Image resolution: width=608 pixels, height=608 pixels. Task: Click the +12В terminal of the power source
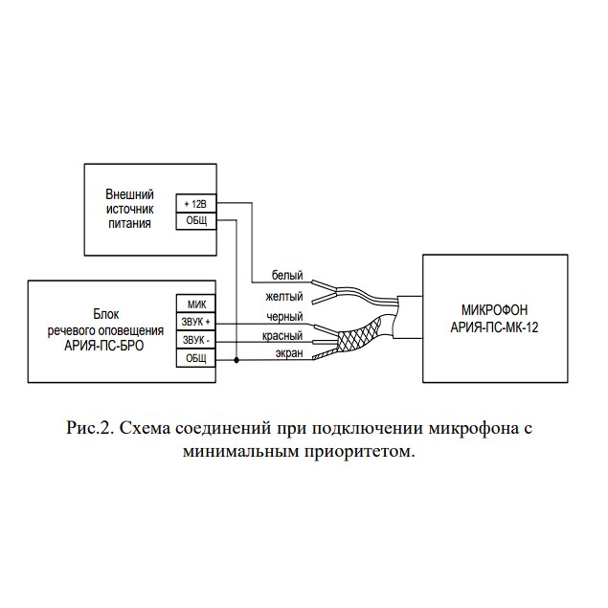tap(196, 203)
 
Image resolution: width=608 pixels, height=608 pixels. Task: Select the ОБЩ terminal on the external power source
tap(196, 221)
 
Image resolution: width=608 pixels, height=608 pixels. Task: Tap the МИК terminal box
tap(196, 304)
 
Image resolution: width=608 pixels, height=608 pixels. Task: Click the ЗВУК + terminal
tap(196, 322)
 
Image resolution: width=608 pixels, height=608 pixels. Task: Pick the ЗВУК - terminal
tap(196, 340)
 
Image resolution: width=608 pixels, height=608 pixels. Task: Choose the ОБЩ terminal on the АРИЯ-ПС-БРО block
tap(196, 358)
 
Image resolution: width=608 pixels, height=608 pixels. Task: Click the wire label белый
tap(287, 275)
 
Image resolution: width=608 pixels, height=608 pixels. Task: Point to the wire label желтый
tap(284, 297)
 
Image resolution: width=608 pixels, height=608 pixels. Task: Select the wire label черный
tap(284, 317)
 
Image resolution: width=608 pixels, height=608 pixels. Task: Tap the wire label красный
tap(282, 335)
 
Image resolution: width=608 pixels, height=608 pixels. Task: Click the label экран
tap(289, 353)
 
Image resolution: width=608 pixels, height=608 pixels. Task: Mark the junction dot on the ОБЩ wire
tap(236, 360)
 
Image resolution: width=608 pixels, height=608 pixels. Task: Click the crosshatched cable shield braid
tap(359, 334)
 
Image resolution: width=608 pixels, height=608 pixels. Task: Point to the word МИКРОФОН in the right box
tap(494, 310)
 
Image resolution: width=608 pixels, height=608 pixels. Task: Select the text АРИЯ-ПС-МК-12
tap(494, 327)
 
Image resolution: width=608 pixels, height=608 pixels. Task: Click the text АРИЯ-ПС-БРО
tap(104, 346)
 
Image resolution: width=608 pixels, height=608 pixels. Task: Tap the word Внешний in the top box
tap(129, 194)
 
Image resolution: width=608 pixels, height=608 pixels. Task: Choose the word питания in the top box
tap(129, 224)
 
